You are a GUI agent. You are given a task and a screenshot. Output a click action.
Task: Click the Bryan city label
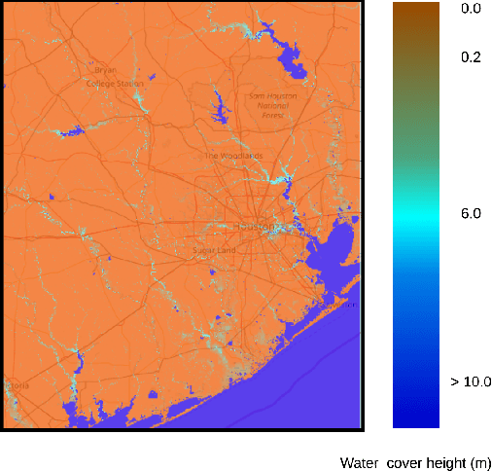105,70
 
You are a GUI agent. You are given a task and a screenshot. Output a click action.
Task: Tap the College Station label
114,85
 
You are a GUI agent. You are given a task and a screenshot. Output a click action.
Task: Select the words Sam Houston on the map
272,96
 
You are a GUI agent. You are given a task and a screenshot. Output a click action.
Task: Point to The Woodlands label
233,156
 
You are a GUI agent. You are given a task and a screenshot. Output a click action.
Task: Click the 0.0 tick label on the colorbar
471,8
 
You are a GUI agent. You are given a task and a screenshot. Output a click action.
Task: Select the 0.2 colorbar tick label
471,57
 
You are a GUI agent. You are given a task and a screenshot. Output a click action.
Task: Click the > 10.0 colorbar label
471,381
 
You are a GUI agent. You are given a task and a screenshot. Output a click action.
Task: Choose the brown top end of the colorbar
415,10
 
